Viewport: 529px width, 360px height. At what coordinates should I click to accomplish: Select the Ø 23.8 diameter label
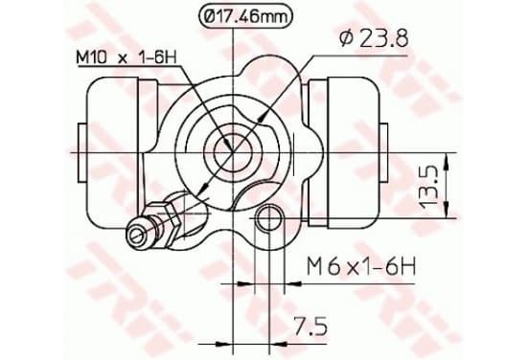[x=374, y=38]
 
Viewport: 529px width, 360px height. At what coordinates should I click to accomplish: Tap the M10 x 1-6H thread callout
[x=126, y=57]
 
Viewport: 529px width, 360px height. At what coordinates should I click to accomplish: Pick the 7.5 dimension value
[x=310, y=326]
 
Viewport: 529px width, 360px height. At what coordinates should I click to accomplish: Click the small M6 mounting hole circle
[x=269, y=217]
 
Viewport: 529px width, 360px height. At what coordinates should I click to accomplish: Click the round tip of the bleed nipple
[x=138, y=234]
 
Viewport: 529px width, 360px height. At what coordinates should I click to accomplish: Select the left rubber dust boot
[x=112, y=153]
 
